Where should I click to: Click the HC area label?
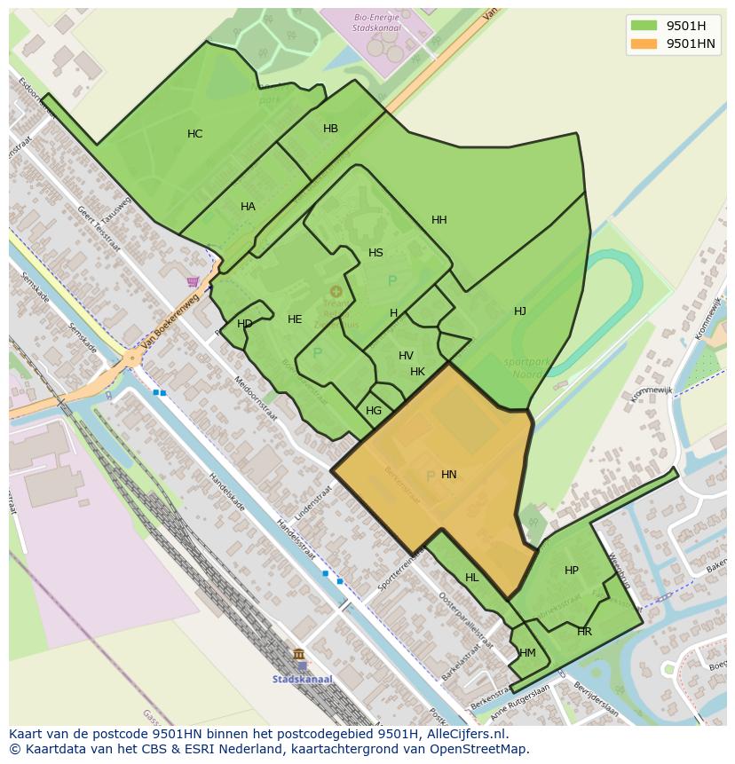tap(194, 134)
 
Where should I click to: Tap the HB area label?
tap(330, 129)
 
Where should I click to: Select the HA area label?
tap(248, 207)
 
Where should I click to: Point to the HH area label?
tap(439, 220)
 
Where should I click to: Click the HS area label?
tap(375, 253)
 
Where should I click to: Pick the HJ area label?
tap(519, 311)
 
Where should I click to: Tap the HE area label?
tap(295, 319)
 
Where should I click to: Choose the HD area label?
tap(244, 324)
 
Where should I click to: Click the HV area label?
tap(406, 356)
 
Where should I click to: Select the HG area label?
tap(374, 411)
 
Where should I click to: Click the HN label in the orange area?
tap(448, 475)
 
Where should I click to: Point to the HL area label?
tap(471, 578)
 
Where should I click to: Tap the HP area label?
tap(571, 571)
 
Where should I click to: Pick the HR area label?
tap(584, 632)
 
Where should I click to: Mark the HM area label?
tap(527, 653)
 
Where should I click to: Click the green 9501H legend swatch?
tap(644, 26)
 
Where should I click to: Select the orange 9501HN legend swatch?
tap(644, 43)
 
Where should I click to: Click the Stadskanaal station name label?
tap(303, 680)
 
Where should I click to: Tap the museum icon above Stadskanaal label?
tap(298, 655)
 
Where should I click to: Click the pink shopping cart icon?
tap(193, 282)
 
